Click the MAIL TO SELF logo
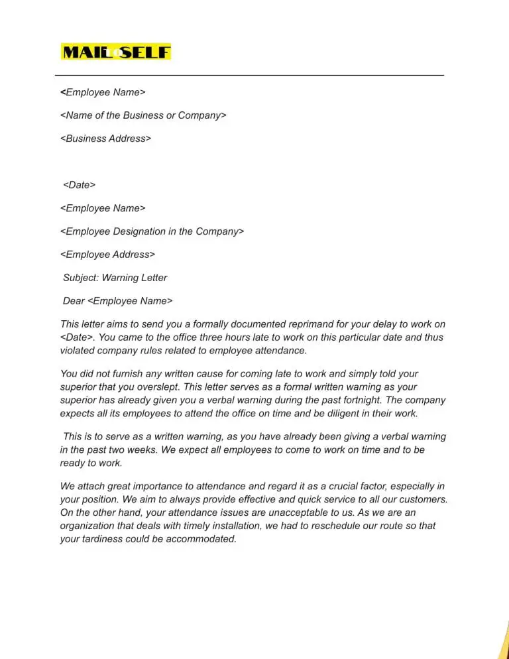(116, 52)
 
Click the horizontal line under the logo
(249, 76)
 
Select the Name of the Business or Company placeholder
(143, 115)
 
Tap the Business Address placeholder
(105, 139)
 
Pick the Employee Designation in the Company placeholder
(152, 231)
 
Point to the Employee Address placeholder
(107, 255)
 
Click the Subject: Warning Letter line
(115, 278)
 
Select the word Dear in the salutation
(74, 301)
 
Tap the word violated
(78, 351)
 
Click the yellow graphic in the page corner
(503, 640)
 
